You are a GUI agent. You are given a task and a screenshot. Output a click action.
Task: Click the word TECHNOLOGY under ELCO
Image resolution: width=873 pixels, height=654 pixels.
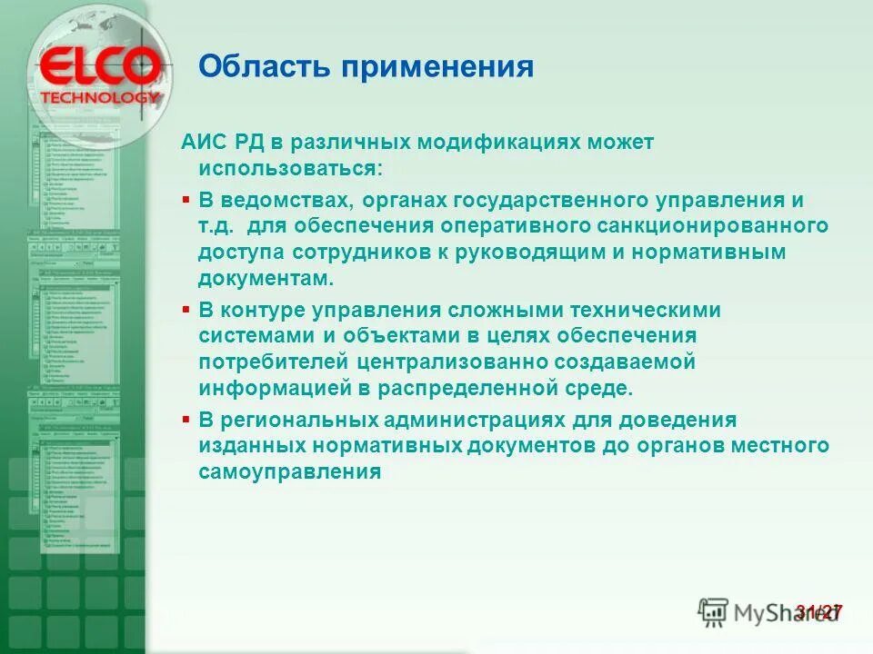click(100, 96)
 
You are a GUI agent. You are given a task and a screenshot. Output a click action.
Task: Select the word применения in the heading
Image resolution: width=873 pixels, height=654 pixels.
click(436, 67)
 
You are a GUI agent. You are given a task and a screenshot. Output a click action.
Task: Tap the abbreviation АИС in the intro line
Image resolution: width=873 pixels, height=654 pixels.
click(203, 144)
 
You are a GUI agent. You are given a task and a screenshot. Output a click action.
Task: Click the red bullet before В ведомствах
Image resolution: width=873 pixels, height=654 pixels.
click(186, 198)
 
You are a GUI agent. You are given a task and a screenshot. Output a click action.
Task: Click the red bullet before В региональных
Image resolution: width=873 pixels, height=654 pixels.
click(186, 421)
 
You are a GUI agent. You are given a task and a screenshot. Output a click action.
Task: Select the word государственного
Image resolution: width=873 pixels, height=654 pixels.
click(563, 199)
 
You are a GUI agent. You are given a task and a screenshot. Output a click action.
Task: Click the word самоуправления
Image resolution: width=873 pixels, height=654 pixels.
click(288, 472)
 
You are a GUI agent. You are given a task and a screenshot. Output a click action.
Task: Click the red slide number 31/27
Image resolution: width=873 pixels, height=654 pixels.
click(818, 612)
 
